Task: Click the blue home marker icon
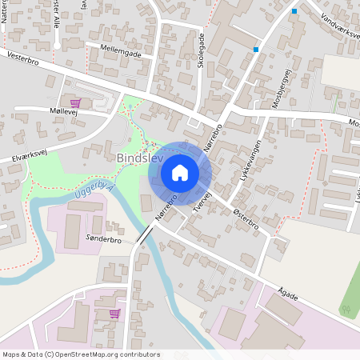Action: (x=180, y=173)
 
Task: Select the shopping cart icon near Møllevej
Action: (x=75, y=102)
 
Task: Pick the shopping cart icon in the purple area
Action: (x=114, y=313)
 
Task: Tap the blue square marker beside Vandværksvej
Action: (x=294, y=11)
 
